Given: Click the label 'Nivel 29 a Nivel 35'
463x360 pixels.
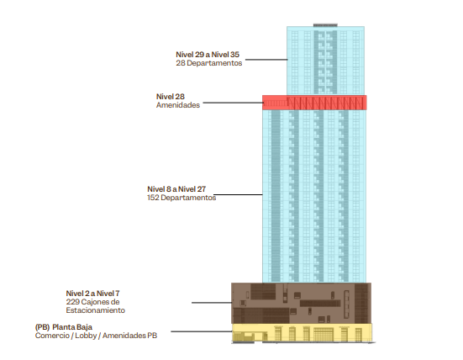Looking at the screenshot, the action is (208, 55).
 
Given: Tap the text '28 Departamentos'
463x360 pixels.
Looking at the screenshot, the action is (209, 63).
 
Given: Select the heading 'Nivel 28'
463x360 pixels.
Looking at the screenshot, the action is (171, 97).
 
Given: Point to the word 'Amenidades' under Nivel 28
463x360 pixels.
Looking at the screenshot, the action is (178, 105).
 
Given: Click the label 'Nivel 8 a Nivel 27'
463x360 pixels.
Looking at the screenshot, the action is (176, 189).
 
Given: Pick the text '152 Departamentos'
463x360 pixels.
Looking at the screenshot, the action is (182, 198).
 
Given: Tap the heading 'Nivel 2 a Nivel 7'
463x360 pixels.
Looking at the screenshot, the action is (92, 294).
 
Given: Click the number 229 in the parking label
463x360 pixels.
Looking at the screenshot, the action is (72, 302).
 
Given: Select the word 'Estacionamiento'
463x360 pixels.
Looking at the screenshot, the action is (96, 310).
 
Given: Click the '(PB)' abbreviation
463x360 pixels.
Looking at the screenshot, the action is (42, 327).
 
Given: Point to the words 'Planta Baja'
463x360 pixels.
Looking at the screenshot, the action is (72, 327).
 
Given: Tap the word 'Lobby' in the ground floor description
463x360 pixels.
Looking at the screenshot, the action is (86, 336).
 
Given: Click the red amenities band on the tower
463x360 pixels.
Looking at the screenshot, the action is (314, 103).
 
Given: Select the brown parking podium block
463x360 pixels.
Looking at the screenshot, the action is (301, 304).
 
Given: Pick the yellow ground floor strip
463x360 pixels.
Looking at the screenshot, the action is (302, 333).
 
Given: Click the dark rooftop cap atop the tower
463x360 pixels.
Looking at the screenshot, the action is (325, 25).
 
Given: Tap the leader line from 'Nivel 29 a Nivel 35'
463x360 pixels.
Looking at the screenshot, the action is (266, 60).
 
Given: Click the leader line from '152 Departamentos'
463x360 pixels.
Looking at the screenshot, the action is (238, 195).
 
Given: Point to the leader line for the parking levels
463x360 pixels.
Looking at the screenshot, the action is (212, 303).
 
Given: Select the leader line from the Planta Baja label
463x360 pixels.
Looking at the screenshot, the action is (202, 331).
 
